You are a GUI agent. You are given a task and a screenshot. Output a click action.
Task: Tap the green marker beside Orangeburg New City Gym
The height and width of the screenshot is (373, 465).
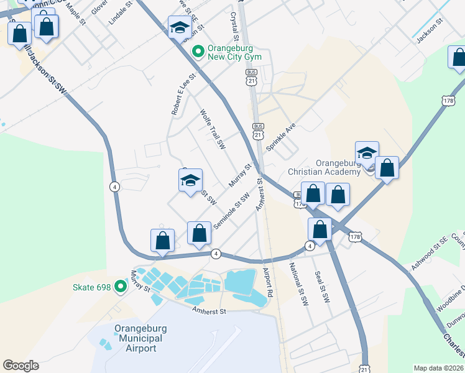pos(198,51)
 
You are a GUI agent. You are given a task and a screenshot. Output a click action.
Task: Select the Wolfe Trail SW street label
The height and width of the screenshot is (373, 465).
pos(212,130)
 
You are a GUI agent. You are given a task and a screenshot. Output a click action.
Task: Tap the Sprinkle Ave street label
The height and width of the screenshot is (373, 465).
pos(280,137)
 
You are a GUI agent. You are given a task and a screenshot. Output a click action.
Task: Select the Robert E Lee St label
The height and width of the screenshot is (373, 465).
pos(184,94)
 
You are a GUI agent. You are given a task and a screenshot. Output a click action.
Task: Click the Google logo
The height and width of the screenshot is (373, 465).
pos(21,366)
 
